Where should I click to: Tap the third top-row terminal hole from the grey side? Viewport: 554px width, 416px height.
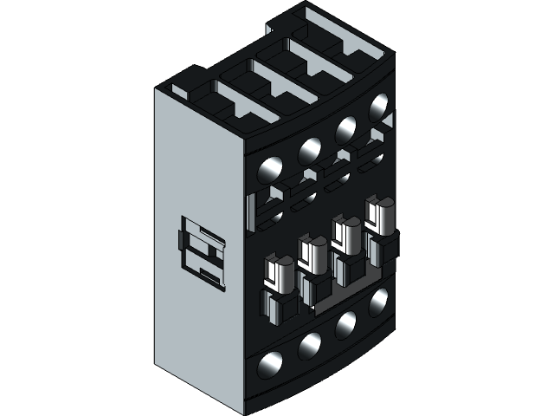point(345,128)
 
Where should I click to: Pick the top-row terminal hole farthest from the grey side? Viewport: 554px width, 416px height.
point(378,108)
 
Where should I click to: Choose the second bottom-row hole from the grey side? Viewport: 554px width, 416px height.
point(309,347)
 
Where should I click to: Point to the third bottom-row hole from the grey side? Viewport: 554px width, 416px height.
point(345,323)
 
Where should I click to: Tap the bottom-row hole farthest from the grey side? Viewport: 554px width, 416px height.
point(378,302)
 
